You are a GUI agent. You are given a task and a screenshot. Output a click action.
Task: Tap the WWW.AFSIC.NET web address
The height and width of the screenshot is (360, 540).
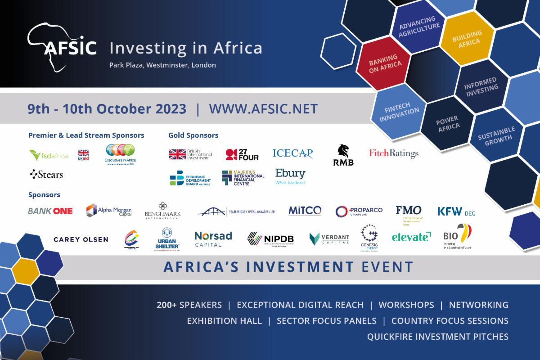point(263,109)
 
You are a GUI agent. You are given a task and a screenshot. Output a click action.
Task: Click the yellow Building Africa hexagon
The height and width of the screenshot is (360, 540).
point(467,37)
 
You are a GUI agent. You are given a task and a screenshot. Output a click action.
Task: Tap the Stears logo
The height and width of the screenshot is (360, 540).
point(46,174)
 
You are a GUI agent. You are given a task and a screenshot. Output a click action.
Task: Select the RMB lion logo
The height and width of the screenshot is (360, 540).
point(343,155)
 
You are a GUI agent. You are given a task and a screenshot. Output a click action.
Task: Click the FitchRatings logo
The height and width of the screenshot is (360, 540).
point(394,153)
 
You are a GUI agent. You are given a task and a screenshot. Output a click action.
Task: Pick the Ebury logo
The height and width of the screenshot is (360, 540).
point(290,176)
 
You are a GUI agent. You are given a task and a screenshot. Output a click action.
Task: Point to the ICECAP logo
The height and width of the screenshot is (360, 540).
point(292,153)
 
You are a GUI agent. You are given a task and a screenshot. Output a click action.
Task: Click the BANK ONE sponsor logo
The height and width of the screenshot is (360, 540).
point(50,211)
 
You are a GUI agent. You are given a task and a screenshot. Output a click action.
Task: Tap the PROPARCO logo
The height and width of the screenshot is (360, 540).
point(359,211)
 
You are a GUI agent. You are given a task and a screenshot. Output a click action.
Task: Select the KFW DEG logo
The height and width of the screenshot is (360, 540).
point(456,211)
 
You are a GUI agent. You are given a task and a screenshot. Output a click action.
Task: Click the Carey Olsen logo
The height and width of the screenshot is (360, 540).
point(81,239)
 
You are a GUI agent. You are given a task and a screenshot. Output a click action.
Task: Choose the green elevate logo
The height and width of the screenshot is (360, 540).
point(411,237)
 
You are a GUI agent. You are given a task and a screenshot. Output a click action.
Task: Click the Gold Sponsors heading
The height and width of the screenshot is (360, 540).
point(193,135)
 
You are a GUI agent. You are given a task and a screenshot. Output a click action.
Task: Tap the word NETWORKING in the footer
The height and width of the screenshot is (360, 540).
point(478,305)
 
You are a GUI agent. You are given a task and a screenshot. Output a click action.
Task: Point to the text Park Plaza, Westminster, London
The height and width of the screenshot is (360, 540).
point(162,65)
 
